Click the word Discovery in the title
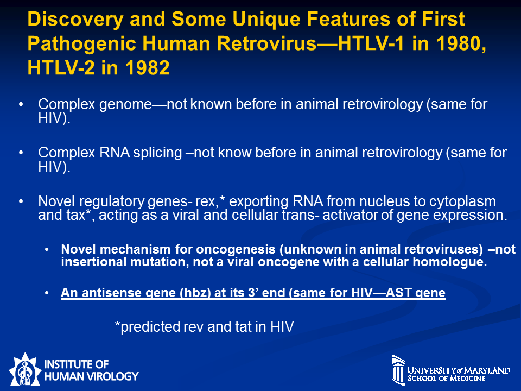point(75,20)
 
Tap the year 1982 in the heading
point(147,68)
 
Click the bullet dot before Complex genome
point(21,104)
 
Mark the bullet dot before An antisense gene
point(47,293)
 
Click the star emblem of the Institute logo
point(24,370)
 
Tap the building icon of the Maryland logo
point(398,370)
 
